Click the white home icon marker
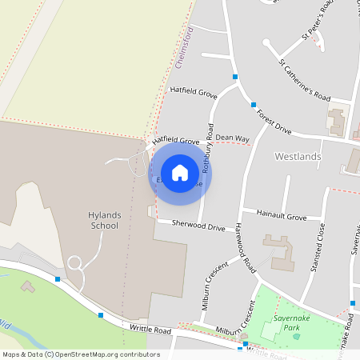click(x=180, y=173)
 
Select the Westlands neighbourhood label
click(x=298, y=157)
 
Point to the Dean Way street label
click(x=232, y=139)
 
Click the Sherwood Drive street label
click(x=198, y=227)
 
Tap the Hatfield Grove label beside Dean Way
click(x=175, y=142)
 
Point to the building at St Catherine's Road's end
click(x=336, y=121)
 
